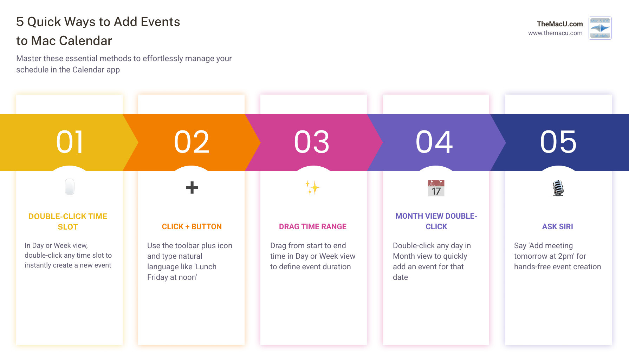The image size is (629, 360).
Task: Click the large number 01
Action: coord(70,142)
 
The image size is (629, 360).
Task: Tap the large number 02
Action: coord(192,142)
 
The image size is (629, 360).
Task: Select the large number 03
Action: coord(312,142)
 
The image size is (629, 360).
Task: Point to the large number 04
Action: coord(434,142)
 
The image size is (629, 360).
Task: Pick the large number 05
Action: coord(558,142)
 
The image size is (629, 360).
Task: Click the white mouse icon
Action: coord(70,187)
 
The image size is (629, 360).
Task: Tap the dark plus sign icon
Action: coord(192,187)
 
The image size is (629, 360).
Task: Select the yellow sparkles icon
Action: coord(312,188)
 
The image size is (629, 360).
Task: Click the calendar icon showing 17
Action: coord(436,188)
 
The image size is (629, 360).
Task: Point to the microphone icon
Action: coord(558,188)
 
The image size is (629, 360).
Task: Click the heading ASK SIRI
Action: coord(557,227)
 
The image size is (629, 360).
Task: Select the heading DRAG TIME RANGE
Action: coord(312,227)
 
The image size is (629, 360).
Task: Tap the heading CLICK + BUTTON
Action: coord(192,227)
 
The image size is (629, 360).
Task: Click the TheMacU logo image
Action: coord(600,28)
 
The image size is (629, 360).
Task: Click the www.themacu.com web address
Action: coord(555,33)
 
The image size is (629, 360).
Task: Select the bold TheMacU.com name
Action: coord(559,24)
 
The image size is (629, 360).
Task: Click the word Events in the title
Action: coord(160,22)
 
